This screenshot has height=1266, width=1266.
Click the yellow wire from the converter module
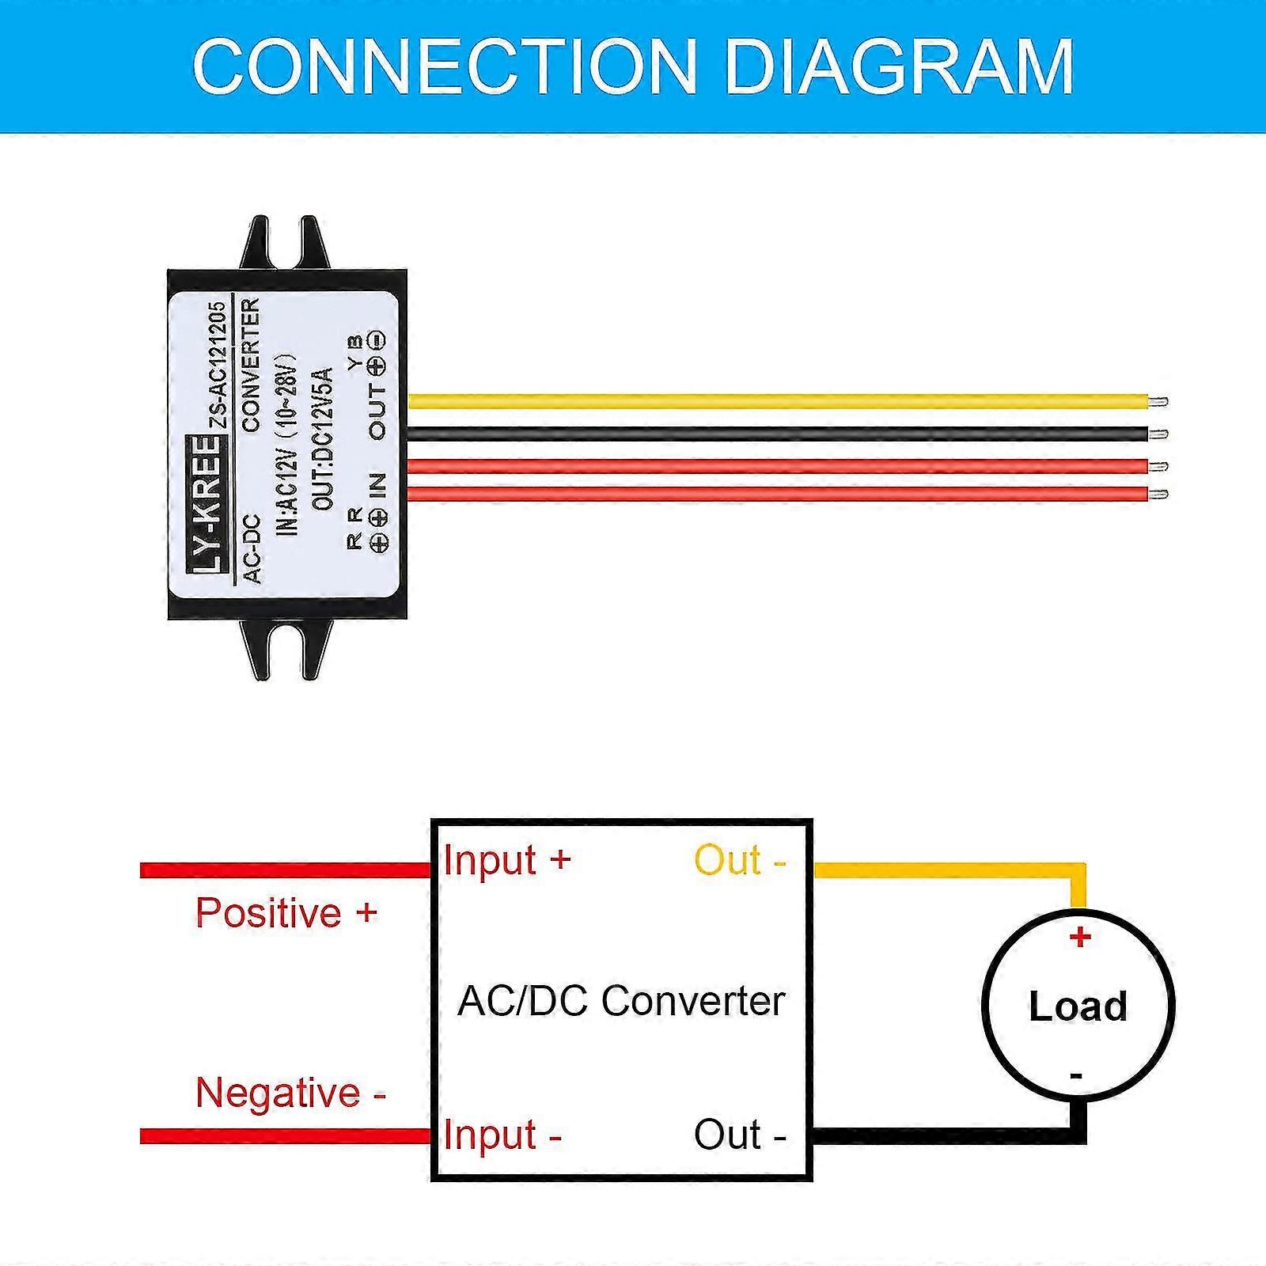click(x=775, y=401)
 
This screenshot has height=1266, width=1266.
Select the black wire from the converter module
click(x=775, y=433)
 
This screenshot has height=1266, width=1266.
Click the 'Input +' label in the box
click(x=507, y=860)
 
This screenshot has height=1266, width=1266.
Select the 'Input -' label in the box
click(x=502, y=1135)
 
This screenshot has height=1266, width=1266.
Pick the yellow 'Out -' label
click(x=740, y=860)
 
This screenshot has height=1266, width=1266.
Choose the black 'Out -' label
click(x=740, y=1135)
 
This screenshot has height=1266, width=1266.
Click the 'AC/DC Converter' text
click(x=621, y=1001)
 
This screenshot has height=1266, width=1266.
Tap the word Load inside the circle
click(x=1078, y=1006)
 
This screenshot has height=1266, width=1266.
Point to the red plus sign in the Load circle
click(x=1080, y=938)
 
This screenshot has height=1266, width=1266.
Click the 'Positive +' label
click(x=286, y=913)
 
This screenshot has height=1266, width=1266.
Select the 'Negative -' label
click(x=290, y=1093)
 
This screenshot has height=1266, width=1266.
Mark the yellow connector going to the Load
click(x=949, y=870)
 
